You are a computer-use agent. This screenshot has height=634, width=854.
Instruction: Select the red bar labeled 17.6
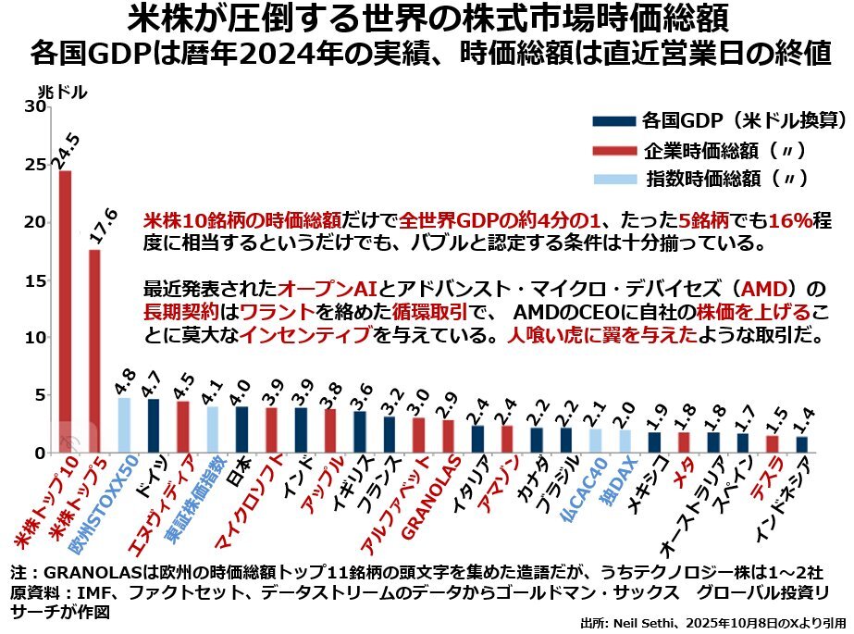94,351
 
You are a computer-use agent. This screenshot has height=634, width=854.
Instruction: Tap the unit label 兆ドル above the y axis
63,93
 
